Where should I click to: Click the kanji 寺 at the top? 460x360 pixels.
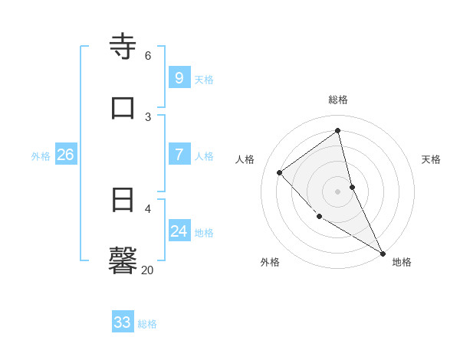(123, 47)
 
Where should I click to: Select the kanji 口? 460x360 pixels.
(123, 107)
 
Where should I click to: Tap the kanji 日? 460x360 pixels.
(123, 200)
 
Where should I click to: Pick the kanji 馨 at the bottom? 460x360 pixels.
(123, 260)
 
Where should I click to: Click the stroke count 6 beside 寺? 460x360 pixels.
(147, 55)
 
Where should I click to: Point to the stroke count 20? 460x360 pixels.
(147, 270)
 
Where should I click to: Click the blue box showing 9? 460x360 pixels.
(179, 78)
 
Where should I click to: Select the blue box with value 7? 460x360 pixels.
(179, 155)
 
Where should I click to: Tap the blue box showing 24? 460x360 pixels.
(179, 231)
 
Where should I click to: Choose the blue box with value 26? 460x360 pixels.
(65, 155)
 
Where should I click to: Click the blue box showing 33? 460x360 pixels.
(123, 322)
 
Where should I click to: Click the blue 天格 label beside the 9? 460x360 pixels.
(204, 79)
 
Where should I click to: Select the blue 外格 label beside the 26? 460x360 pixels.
(41, 155)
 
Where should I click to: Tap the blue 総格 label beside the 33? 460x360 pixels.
(147, 323)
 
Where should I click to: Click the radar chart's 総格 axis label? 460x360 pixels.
(338, 100)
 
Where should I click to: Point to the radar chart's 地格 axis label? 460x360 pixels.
(402, 262)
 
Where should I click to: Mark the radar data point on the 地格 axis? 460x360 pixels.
(383, 253)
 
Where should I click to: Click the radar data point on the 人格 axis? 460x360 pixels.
(280, 172)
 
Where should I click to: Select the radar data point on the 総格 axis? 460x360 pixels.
(338, 130)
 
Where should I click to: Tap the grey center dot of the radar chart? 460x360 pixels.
(338, 191)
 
